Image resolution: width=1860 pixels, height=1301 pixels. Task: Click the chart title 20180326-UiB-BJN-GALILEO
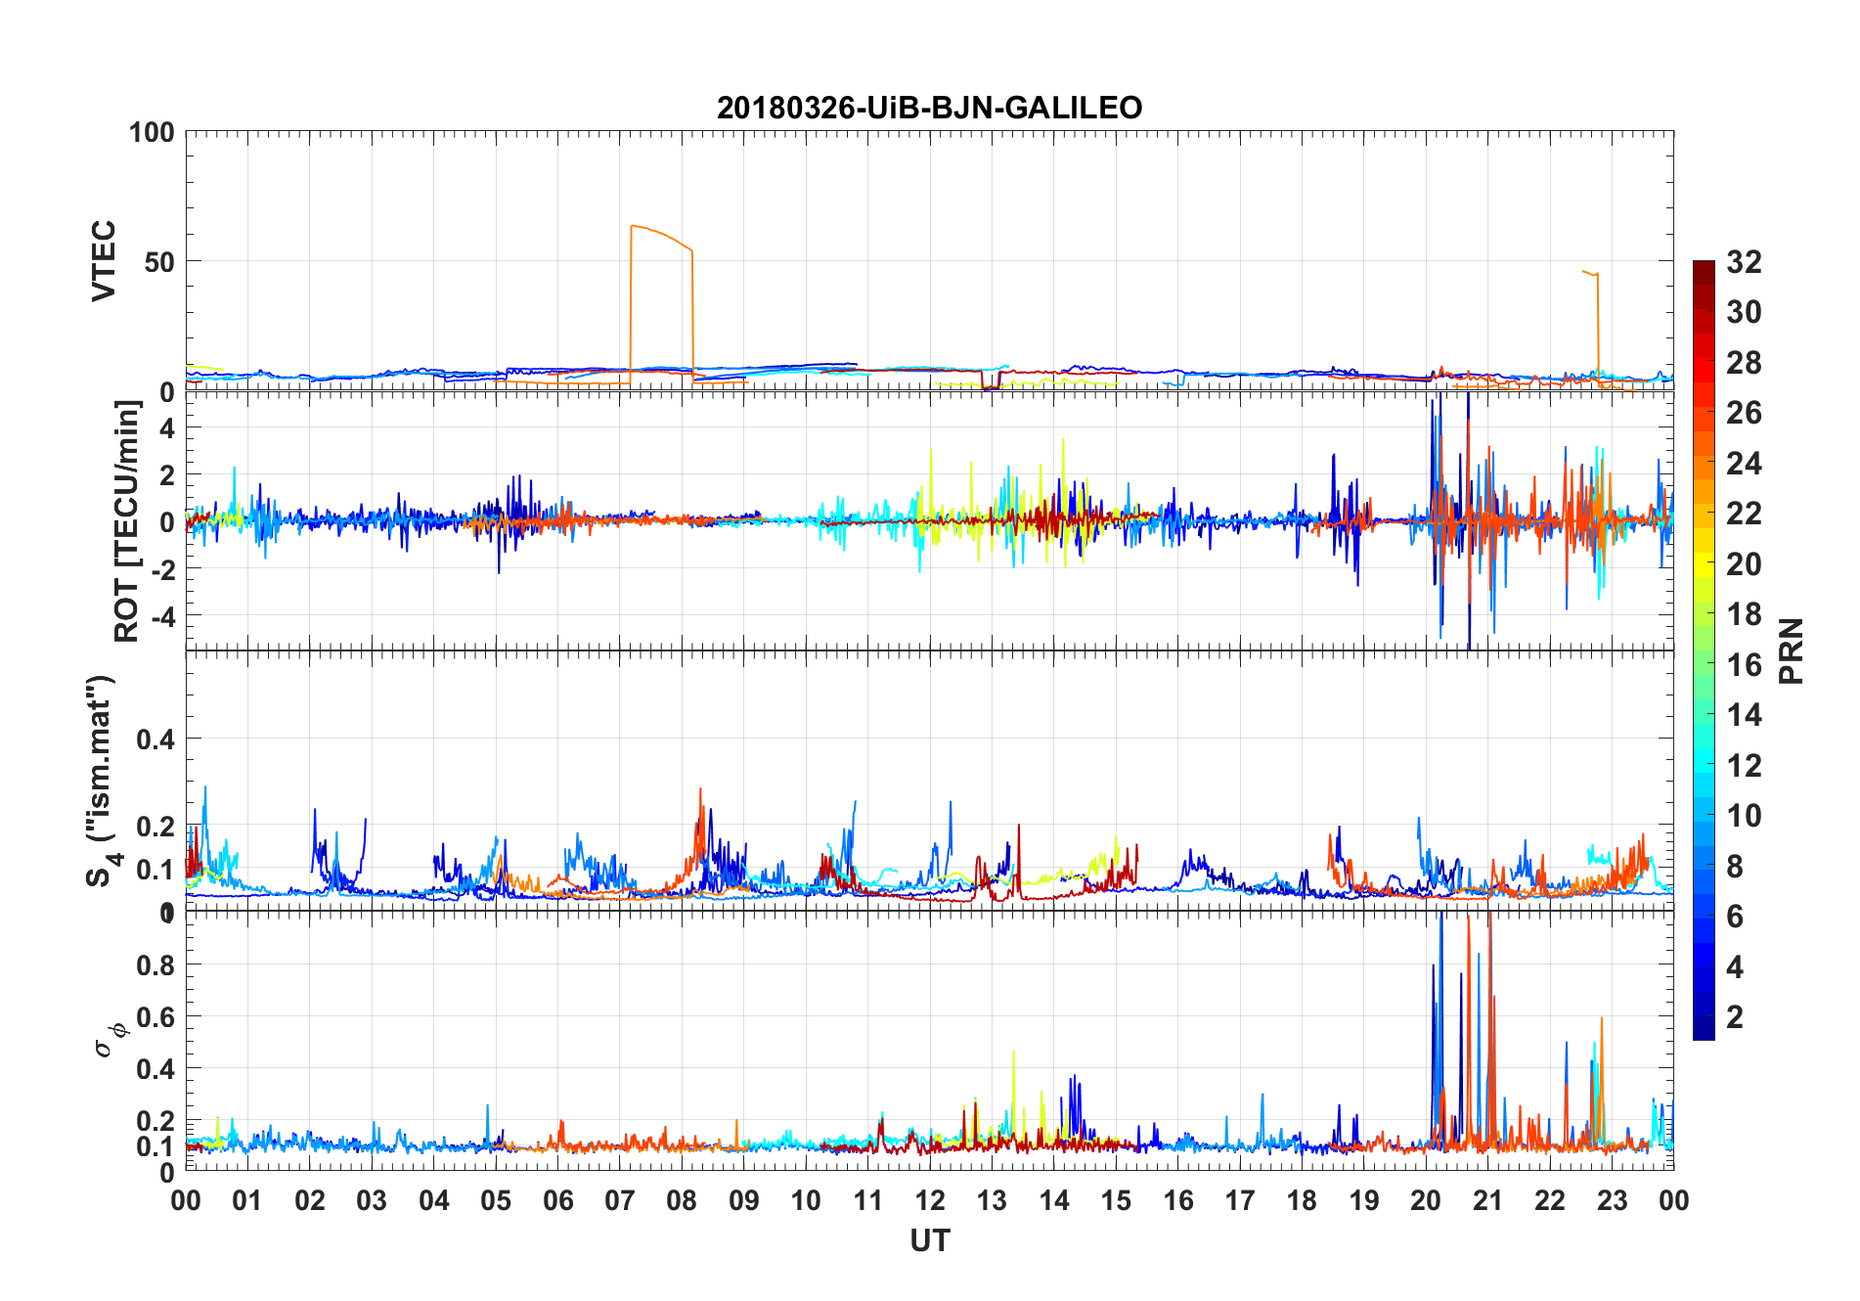pyautogui.click(x=929, y=108)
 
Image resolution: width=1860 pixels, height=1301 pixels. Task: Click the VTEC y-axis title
pyautogui.click(x=104, y=261)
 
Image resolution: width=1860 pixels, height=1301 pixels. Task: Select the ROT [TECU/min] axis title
pyautogui.click(x=127, y=521)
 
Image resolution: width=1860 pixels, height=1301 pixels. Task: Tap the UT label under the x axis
pyautogui.click(x=929, y=1241)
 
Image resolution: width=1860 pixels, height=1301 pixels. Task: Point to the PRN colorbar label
pyautogui.click(x=1791, y=650)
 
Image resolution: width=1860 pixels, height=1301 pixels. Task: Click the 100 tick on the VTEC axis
pyautogui.click(x=152, y=132)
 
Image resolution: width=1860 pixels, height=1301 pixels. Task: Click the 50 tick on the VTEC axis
pyautogui.click(x=159, y=262)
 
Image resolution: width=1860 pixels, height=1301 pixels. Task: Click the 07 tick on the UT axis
pyautogui.click(x=620, y=1201)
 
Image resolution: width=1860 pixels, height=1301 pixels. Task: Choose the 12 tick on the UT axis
pyautogui.click(x=930, y=1201)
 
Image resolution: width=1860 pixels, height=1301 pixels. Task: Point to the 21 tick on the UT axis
pyautogui.click(x=1487, y=1201)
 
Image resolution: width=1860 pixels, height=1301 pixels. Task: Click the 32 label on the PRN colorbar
pyautogui.click(x=1744, y=262)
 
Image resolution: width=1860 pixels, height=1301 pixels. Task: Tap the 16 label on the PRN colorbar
pyautogui.click(x=1744, y=665)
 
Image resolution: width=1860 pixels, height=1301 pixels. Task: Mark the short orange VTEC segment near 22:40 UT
pyautogui.click(x=1590, y=273)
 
